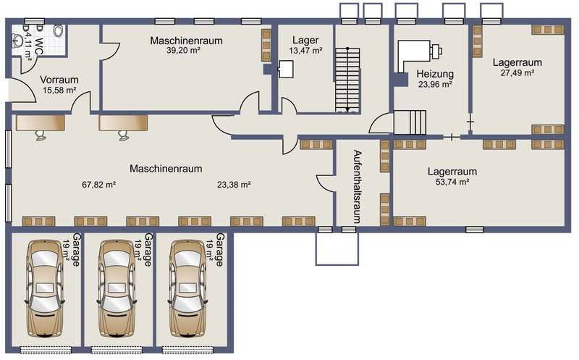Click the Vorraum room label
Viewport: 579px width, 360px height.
(x=59, y=80)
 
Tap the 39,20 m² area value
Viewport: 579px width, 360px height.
(x=183, y=51)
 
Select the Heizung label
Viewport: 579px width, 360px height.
(x=435, y=74)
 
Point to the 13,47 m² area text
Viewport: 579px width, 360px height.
(x=305, y=51)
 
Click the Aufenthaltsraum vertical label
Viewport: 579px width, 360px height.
(x=357, y=187)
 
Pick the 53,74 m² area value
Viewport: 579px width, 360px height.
(x=452, y=182)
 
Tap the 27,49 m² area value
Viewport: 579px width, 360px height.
(x=517, y=73)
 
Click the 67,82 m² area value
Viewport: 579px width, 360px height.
(x=99, y=185)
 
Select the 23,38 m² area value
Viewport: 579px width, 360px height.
(x=234, y=185)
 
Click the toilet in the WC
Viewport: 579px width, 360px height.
(x=58, y=30)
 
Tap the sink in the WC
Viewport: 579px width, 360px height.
(x=17, y=39)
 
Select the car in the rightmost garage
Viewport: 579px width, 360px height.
(x=188, y=288)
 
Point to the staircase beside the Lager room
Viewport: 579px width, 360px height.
(x=347, y=80)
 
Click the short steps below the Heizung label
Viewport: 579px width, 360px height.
(x=410, y=122)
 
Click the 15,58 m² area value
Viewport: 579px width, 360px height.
(x=59, y=90)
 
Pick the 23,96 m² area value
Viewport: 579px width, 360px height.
(x=436, y=84)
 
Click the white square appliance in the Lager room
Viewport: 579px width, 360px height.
(x=285, y=69)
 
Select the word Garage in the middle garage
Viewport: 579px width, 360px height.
(x=148, y=249)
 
